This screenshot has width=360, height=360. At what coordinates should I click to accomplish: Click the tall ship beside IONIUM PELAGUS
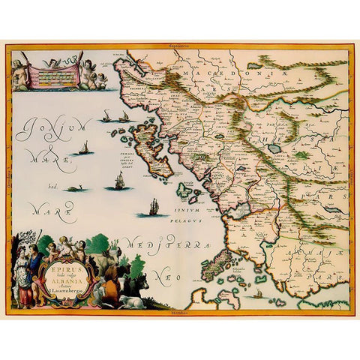point(154,207)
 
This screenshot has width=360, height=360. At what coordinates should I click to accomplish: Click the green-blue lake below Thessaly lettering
point(274,148)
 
